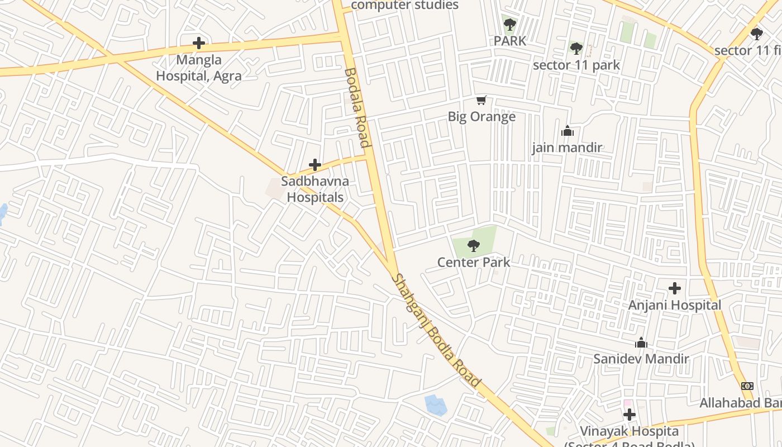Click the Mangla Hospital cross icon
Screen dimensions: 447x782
tap(198, 42)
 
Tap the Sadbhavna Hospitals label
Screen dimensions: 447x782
tap(314, 189)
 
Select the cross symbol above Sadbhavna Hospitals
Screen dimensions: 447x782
tap(315, 165)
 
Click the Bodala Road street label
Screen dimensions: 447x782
tap(357, 107)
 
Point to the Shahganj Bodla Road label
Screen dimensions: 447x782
tap(436, 330)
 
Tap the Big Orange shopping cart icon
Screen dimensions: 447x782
tap(481, 101)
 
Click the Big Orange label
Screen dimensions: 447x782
tap(481, 117)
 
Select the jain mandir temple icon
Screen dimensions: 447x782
tap(568, 131)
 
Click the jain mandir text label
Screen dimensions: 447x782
tap(567, 148)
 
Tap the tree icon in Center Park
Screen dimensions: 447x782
tap(474, 245)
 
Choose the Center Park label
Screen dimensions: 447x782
tap(474, 262)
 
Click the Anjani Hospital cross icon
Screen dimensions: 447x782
tap(675, 288)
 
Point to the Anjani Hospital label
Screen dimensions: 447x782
tap(675, 305)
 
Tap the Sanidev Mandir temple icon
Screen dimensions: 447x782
tap(641, 343)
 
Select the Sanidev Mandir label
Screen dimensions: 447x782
tap(641, 359)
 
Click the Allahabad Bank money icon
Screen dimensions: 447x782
tap(747, 386)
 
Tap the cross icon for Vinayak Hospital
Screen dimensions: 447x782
tap(630, 415)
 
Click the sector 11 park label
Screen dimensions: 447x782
tap(576, 65)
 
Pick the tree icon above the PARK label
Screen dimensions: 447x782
tap(509, 25)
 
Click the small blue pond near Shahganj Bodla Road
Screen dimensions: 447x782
tap(435, 405)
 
